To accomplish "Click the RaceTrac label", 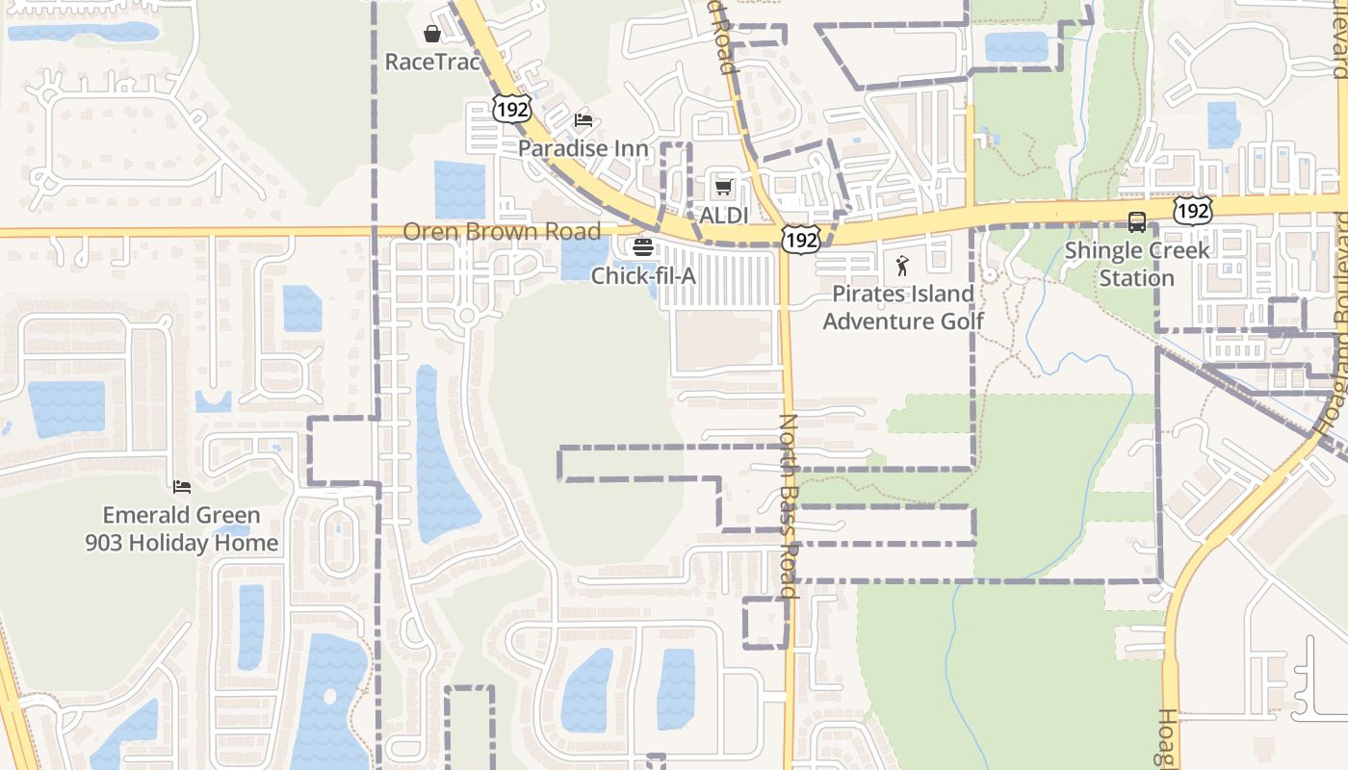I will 432,62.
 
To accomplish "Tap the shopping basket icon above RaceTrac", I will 432,35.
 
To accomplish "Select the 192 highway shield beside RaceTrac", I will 511,109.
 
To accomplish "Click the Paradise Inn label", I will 583,148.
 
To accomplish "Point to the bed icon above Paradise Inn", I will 583,120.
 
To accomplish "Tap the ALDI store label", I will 723,216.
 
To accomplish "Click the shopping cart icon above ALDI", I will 723,187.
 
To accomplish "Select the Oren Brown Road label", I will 502,231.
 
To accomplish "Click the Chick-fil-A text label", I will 643,276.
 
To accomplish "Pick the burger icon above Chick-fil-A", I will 643,247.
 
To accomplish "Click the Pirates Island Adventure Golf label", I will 902,307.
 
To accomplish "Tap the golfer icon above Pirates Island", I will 902,265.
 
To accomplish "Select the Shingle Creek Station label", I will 1137,264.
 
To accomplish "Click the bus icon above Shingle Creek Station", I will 1137,222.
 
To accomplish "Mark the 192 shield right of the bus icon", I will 1192,210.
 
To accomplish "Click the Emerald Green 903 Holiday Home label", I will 182,528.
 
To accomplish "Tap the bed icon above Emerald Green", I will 182,487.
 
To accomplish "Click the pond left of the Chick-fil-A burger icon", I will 583,258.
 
